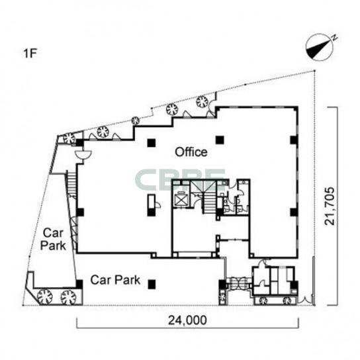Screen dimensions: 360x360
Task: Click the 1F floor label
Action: (x=30, y=54)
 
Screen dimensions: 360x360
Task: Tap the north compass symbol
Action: (x=320, y=47)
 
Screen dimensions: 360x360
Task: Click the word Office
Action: (x=191, y=152)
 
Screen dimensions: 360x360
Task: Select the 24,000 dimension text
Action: (x=187, y=320)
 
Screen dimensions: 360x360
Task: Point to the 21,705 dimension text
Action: (x=330, y=206)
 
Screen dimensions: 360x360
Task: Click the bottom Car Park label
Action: (x=115, y=280)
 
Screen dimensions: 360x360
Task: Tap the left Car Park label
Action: (x=53, y=240)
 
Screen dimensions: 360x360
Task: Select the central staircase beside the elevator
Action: (x=209, y=202)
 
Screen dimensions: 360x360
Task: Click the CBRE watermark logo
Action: (x=180, y=179)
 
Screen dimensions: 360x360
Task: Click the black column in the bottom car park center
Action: (x=152, y=285)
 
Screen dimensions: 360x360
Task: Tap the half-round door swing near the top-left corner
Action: (x=83, y=155)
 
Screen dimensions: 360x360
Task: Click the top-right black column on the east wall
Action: (x=294, y=140)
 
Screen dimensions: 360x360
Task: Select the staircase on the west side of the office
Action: (x=71, y=184)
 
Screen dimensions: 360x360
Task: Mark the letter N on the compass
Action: (x=335, y=37)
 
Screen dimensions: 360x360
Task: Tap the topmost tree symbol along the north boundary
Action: (x=202, y=101)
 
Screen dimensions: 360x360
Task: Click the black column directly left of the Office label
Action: (x=152, y=143)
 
